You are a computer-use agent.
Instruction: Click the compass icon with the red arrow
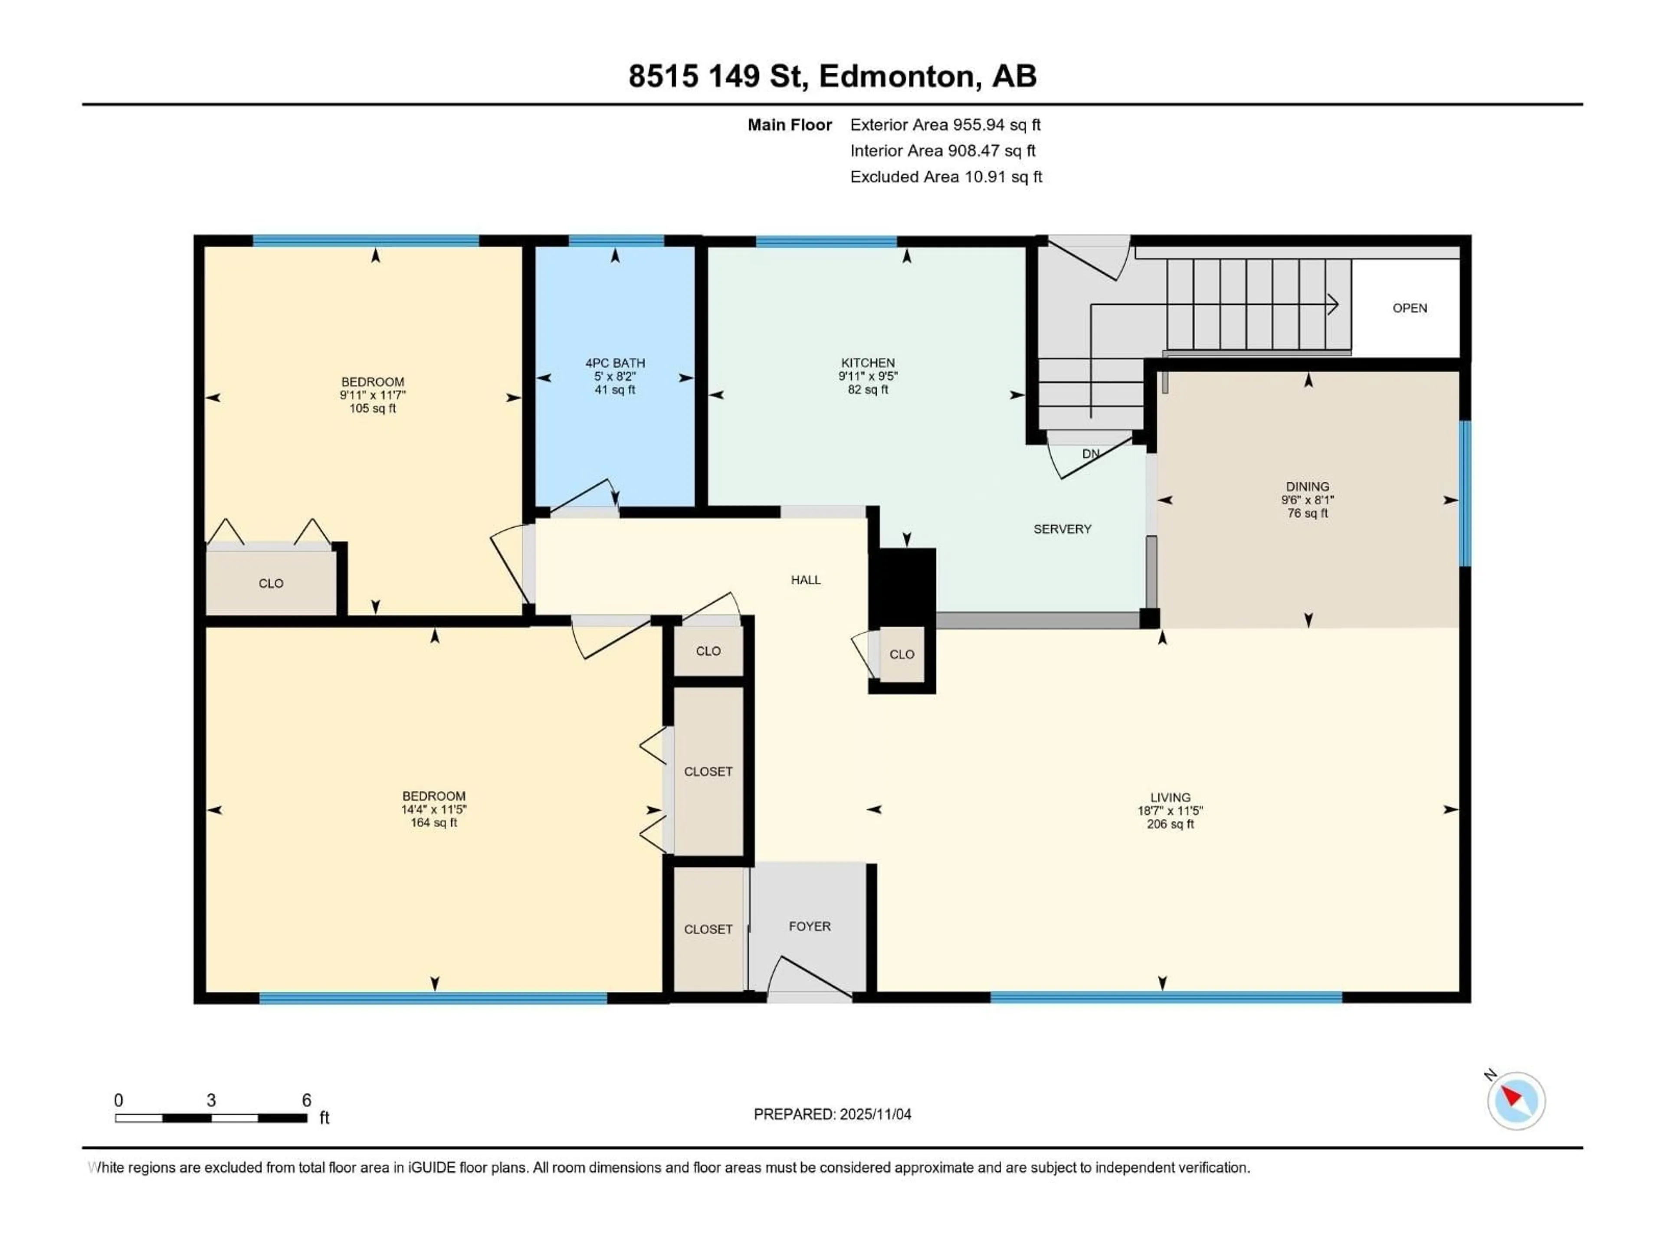tap(1515, 1101)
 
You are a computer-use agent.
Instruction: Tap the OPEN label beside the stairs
tap(1409, 308)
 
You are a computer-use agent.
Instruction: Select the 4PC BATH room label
tap(615, 363)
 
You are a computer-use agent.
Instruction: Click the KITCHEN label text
tap(868, 363)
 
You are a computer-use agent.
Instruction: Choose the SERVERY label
tap(1062, 529)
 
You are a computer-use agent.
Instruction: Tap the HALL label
tap(805, 580)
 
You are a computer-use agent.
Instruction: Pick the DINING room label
tap(1308, 486)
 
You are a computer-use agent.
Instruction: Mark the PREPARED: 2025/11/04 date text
tap(832, 1114)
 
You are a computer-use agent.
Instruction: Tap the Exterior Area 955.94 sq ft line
tap(945, 125)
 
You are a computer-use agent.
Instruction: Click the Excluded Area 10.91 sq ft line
tap(946, 177)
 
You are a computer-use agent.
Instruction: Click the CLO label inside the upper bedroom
tap(270, 583)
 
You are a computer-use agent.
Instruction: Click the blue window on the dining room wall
tap(1465, 493)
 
